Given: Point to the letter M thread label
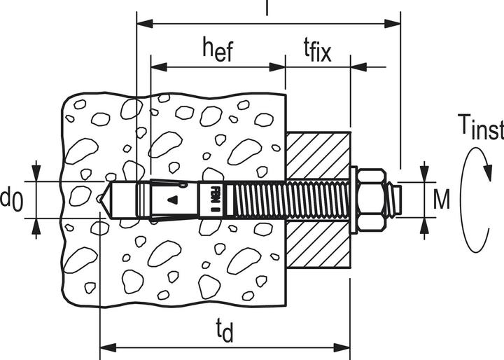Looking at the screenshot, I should coord(441,200).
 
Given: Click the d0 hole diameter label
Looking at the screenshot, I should coord(12,200).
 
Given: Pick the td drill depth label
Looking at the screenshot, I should coord(225,329).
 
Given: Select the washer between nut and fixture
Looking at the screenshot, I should coord(353,200).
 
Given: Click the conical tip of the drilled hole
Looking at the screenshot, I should coord(106,200).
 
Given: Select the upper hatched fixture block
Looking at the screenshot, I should coord(318,155).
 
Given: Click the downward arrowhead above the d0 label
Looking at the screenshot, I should coord(36,174).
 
